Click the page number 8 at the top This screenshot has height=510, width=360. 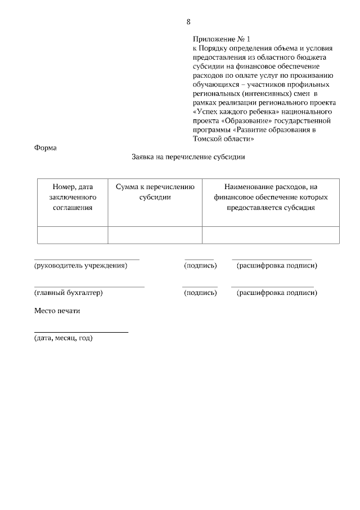(x=188, y=22)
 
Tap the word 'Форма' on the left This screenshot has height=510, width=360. (x=46, y=148)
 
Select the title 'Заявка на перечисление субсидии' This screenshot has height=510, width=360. (x=188, y=158)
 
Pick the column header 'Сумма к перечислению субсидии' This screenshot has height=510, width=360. (x=155, y=192)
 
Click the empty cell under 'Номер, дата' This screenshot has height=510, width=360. (x=72, y=235)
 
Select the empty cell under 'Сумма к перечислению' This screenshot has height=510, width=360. (x=155, y=235)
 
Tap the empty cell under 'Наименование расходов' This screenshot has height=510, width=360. (x=271, y=235)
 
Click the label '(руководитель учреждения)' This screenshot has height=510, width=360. (x=80, y=265)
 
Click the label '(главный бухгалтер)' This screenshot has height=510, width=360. (x=68, y=293)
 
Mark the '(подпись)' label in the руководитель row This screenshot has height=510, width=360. (x=200, y=265)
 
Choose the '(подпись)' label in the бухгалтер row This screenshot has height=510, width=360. (x=200, y=293)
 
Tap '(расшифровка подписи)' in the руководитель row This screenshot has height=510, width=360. (x=277, y=265)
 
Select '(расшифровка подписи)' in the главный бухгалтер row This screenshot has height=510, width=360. (x=277, y=293)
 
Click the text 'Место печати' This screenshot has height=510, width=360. (x=57, y=311)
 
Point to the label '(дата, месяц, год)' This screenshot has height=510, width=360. (x=63, y=338)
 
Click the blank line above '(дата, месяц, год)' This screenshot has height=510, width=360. (x=81, y=332)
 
